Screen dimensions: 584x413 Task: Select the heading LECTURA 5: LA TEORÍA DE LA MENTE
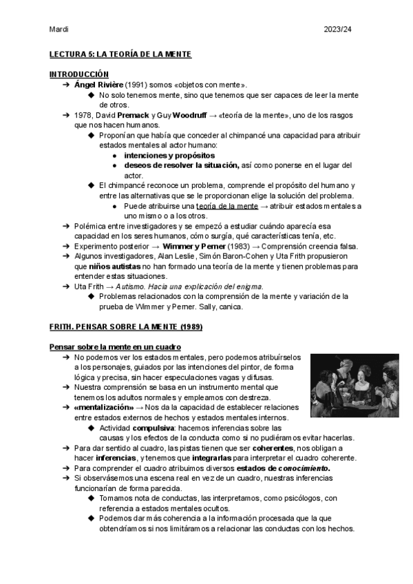120,54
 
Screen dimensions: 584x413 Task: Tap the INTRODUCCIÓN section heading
79,74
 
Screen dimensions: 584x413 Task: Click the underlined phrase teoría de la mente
226,206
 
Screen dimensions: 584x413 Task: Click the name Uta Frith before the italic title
89,286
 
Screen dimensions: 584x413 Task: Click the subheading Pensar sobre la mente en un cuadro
115,346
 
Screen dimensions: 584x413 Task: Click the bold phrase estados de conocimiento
284,468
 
